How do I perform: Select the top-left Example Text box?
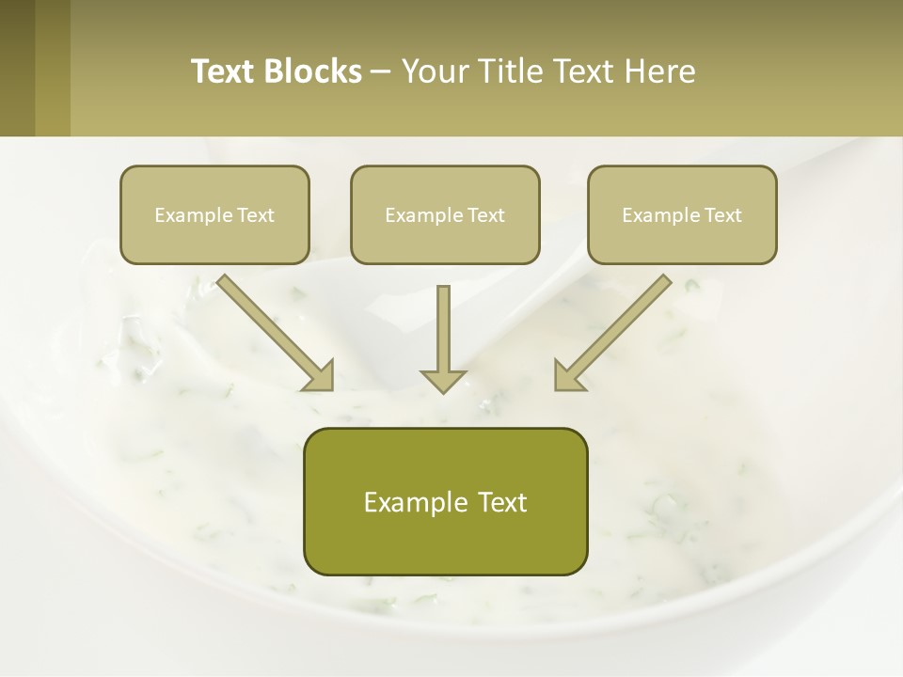[214, 215]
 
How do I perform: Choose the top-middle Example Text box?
[445, 215]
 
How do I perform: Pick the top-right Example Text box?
[682, 215]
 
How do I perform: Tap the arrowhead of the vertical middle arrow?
[443, 380]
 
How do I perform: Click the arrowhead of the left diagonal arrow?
[320, 376]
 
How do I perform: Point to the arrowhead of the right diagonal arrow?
[567, 376]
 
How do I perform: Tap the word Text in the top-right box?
[722, 215]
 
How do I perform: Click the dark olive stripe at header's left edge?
[17, 68]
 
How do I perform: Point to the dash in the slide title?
[381, 71]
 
